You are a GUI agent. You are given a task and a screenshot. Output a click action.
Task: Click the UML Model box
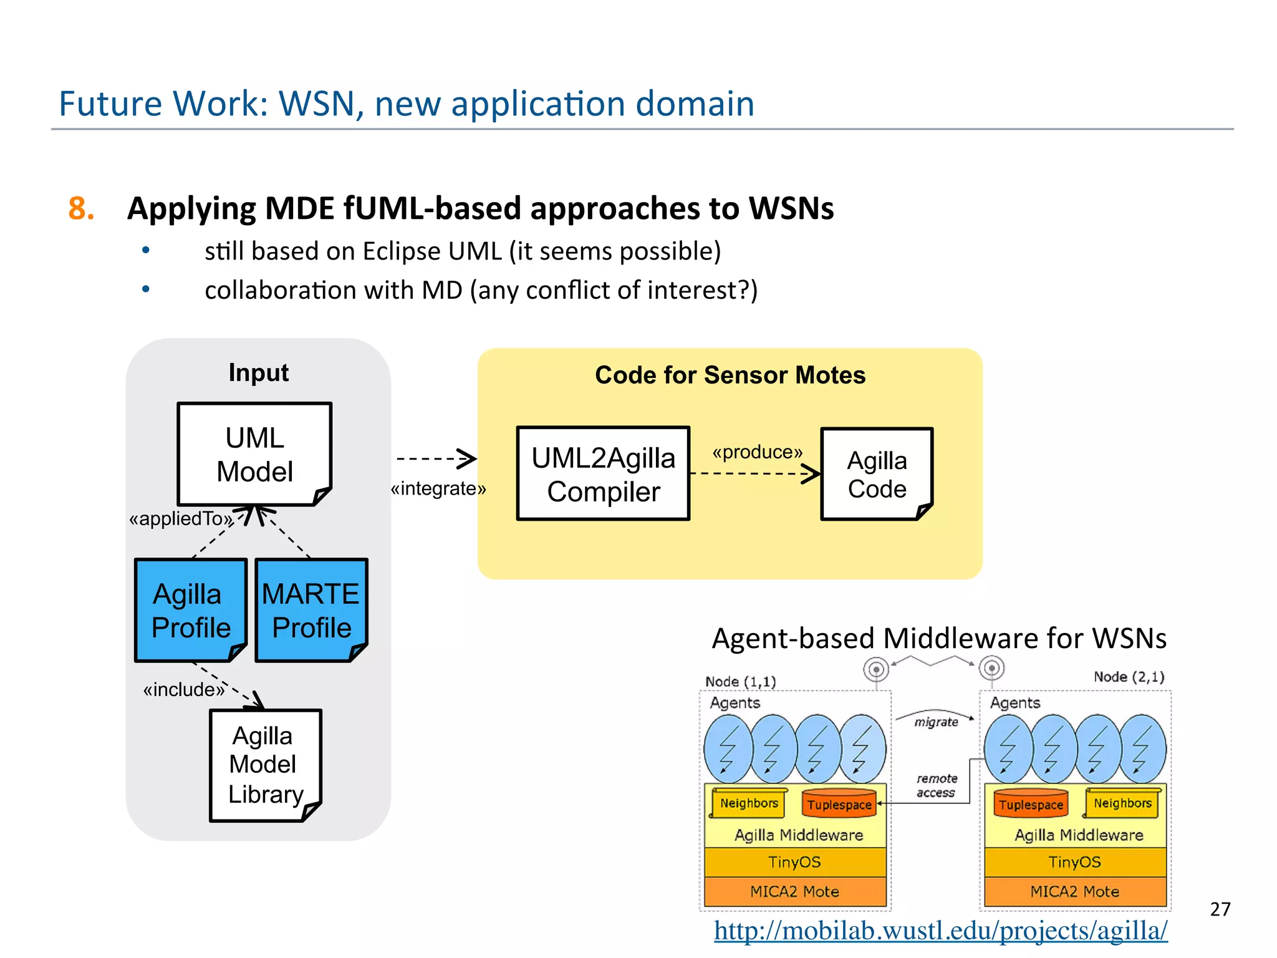[x=254, y=454]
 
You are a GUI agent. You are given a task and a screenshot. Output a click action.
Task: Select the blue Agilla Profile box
[x=191, y=610]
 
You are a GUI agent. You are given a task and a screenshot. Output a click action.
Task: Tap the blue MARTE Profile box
[x=311, y=610]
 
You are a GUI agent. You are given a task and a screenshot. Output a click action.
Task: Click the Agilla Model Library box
[x=265, y=765]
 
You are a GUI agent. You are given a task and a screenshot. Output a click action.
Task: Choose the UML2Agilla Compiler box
[x=603, y=474]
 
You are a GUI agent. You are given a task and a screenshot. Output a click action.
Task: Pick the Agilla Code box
[x=876, y=474]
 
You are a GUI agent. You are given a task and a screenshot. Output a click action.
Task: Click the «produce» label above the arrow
[x=757, y=452]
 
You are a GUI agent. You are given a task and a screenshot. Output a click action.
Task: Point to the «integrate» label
[x=438, y=488]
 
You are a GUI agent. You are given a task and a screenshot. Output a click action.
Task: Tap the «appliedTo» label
[x=180, y=518]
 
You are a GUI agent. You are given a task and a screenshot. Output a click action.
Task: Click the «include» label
[x=183, y=689]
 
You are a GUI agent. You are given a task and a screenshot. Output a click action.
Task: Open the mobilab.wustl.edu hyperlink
[x=940, y=931]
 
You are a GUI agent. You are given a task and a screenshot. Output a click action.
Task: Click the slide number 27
[x=1220, y=909]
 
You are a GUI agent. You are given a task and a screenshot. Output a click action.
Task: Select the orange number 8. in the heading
[x=81, y=208]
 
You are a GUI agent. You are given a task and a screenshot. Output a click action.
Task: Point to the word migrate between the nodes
[x=936, y=722]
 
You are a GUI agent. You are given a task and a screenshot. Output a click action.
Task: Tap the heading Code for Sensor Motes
[x=730, y=375]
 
